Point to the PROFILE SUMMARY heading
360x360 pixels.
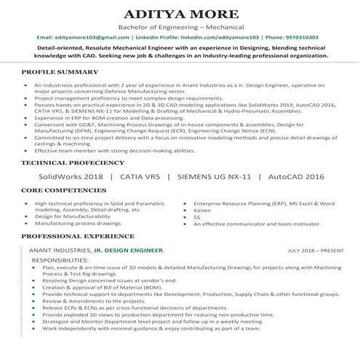60,72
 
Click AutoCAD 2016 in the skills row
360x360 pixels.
296,177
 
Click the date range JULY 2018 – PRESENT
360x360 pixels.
316,251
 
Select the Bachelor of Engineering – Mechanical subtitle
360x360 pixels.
180,25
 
